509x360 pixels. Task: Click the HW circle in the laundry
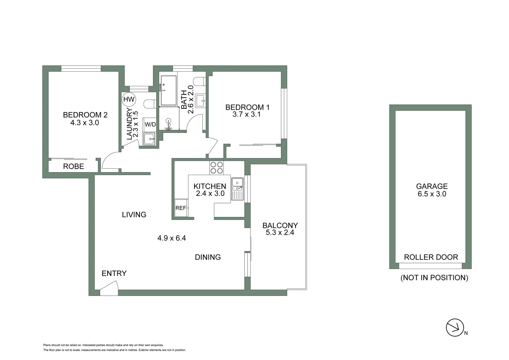(129, 99)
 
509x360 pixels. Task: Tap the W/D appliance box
(150, 124)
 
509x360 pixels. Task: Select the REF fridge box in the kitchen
(181, 208)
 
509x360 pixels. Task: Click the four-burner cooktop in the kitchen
(217, 168)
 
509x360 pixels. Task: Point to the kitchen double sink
(238, 189)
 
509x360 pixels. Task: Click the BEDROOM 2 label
(85, 115)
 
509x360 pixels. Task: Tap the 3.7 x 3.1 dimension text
(247, 114)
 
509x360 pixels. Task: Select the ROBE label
(74, 166)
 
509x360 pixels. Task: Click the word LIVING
(134, 215)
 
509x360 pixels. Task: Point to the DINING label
(208, 257)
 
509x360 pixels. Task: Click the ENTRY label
(114, 273)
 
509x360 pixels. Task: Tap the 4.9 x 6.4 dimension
(172, 238)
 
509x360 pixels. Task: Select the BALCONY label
(280, 225)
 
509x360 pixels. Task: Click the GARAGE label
(432, 186)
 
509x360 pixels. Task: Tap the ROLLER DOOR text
(431, 257)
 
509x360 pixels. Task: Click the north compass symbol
(455, 328)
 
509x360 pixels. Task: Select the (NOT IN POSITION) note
(434, 278)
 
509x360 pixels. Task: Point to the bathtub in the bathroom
(169, 90)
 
